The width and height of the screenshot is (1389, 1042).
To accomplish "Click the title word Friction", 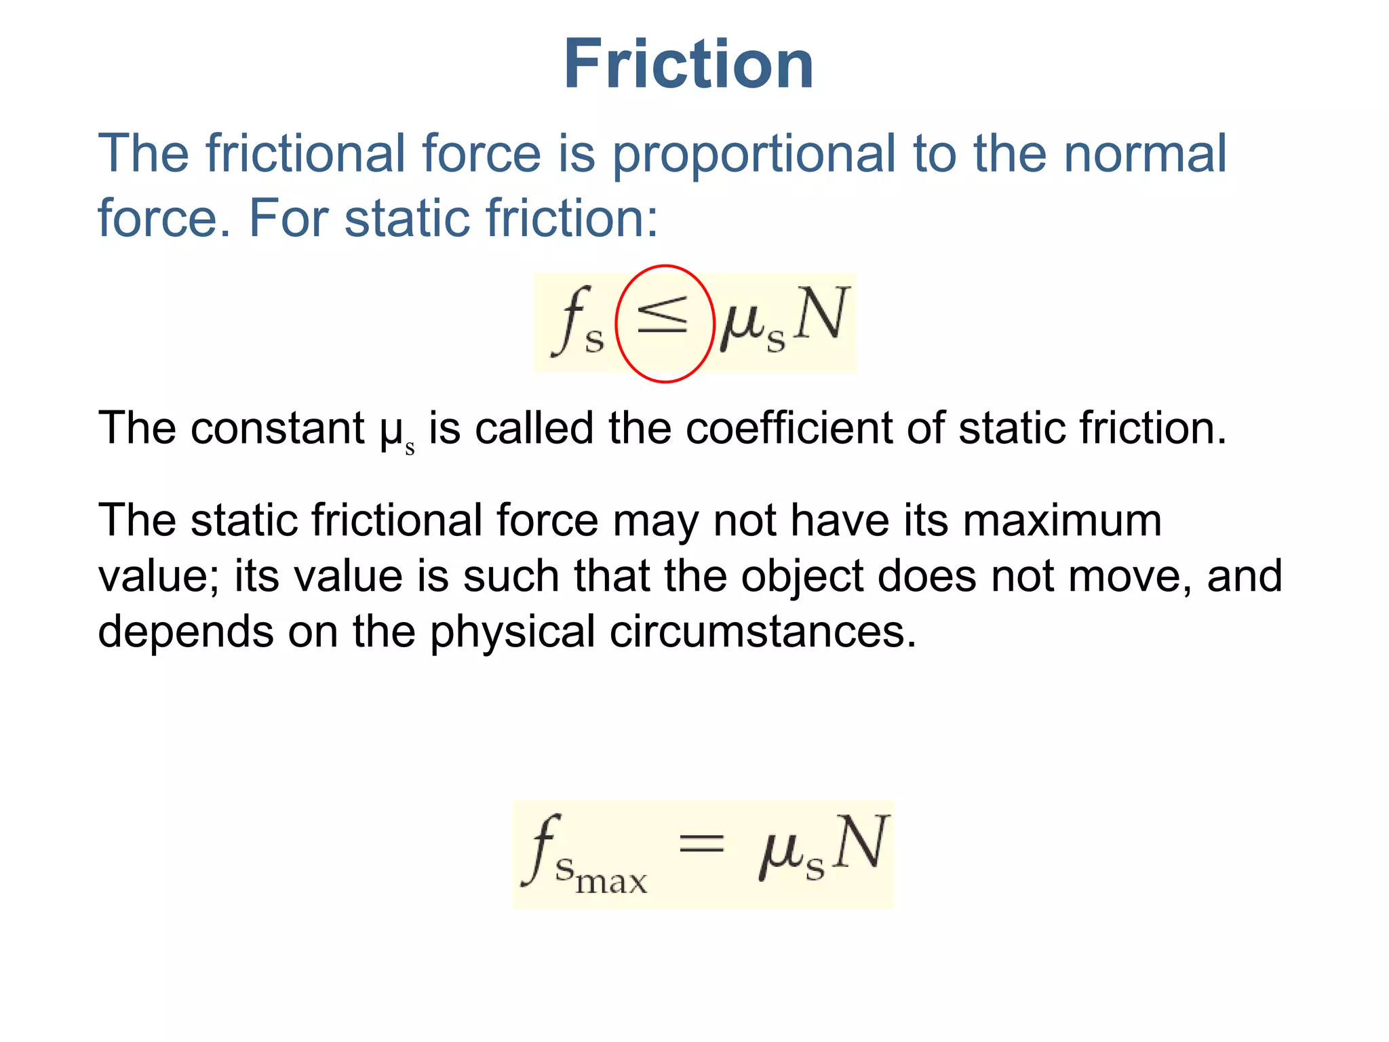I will [688, 64].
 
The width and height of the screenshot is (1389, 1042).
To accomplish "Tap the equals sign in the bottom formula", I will [702, 844].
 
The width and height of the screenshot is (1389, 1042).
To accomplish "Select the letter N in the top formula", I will [821, 313].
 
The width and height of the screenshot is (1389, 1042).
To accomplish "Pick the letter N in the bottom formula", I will [860, 842].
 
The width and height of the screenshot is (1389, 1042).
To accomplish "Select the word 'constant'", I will [278, 429].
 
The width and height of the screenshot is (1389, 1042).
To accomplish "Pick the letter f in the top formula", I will [570, 319].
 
